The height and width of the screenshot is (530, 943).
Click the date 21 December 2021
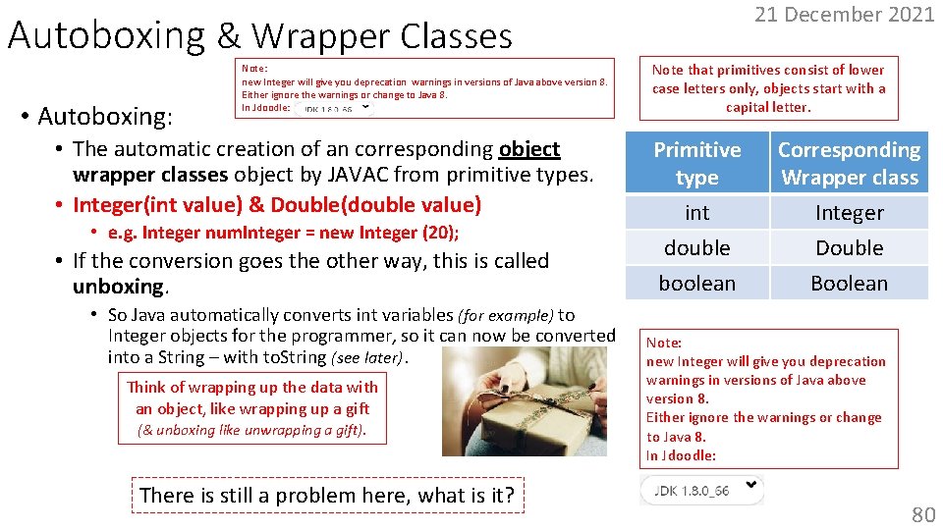844,15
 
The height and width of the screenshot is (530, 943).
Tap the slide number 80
922,514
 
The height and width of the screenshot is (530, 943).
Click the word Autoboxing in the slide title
106,36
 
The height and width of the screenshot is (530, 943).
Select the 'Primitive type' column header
697,163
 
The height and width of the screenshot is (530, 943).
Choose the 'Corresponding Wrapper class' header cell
849,163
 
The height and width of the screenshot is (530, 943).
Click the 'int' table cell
697,213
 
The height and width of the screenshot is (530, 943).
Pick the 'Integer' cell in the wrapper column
849,213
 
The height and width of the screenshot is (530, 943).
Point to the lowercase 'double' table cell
697,247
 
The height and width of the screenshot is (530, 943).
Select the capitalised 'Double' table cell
849,247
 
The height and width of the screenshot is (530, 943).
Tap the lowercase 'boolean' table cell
697,283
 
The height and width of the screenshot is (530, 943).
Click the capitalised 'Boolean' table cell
849,283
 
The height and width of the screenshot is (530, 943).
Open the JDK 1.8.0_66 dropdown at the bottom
701,489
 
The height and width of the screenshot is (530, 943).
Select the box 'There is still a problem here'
327,495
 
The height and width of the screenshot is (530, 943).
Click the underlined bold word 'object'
529,149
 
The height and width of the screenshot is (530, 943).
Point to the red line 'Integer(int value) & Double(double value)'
277,205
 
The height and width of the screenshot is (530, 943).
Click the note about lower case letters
768,88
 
